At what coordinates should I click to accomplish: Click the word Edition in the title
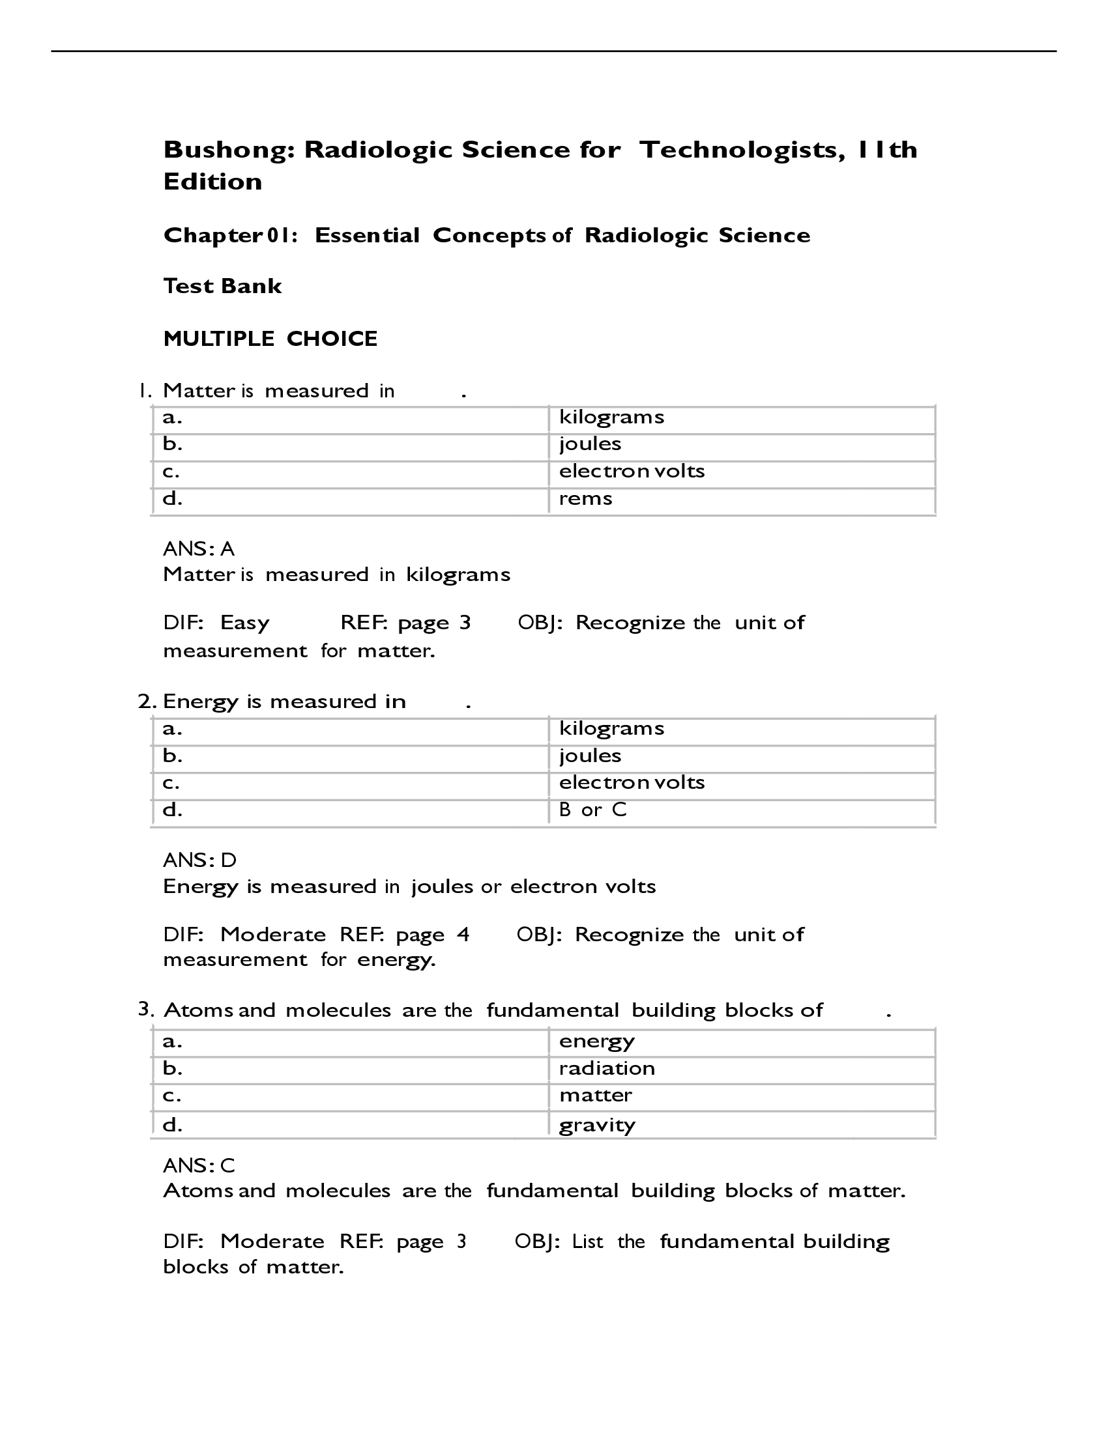pyautogui.click(x=212, y=182)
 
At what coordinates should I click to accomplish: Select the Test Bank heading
pyautogui.click(x=222, y=286)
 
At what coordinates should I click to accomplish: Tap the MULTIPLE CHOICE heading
pyautogui.click(x=270, y=339)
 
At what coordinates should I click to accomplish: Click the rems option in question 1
pyautogui.click(x=585, y=499)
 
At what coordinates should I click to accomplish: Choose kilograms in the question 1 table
pyautogui.click(x=612, y=418)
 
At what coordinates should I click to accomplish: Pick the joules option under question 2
pyautogui.click(x=590, y=756)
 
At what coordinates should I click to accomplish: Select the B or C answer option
pyautogui.click(x=592, y=810)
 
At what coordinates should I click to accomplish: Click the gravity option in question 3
pyautogui.click(x=597, y=1125)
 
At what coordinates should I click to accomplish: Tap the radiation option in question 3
pyautogui.click(x=607, y=1068)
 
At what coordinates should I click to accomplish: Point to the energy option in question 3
pyautogui.click(x=596, y=1042)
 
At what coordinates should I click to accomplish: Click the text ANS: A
pyautogui.click(x=199, y=548)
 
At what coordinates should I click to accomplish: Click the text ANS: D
pyautogui.click(x=199, y=860)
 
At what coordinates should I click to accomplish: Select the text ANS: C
pyautogui.click(x=199, y=1165)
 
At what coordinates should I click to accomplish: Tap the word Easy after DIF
pyautogui.click(x=245, y=623)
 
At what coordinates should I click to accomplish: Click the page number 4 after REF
pyautogui.click(x=463, y=934)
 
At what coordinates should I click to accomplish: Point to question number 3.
pyautogui.click(x=145, y=1009)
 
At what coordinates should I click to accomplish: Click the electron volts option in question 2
pyautogui.click(x=632, y=782)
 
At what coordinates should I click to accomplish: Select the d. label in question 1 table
pyautogui.click(x=173, y=499)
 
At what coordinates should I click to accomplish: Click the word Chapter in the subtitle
pyautogui.click(x=212, y=236)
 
